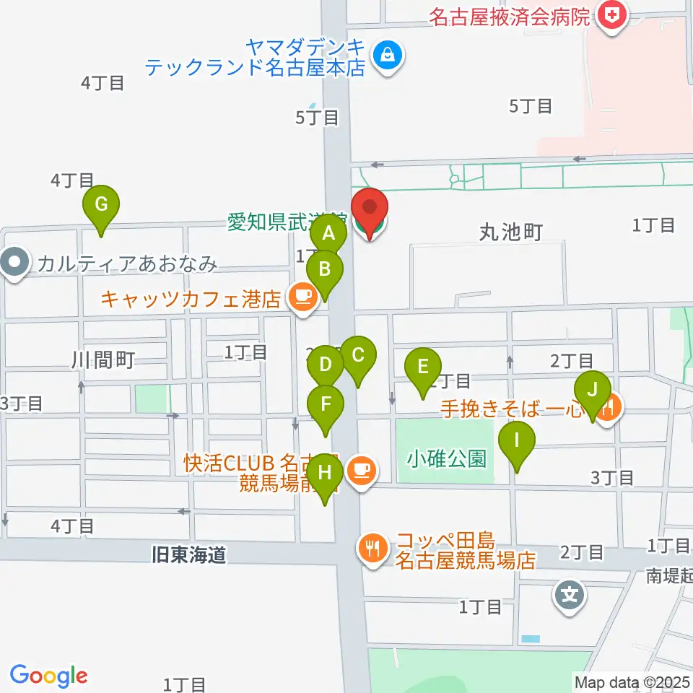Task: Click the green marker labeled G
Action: click(101, 206)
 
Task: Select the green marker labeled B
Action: click(325, 271)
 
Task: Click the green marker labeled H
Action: click(326, 474)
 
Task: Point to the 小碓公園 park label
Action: click(446, 458)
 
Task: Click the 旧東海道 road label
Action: click(188, 554)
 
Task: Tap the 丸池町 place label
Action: click(510, 232)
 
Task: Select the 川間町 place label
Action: click(103, 359)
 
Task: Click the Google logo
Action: click(48, 676)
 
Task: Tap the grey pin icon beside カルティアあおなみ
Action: click(15, 263)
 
